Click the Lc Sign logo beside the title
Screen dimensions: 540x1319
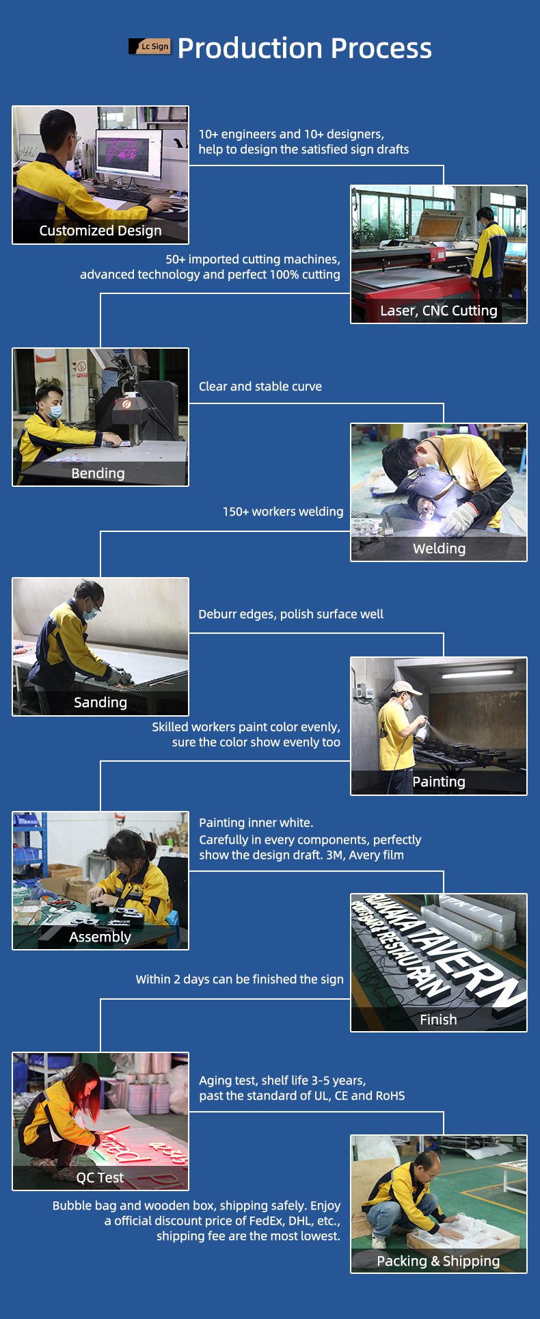point(149,46)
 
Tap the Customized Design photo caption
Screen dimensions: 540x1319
point(100,231)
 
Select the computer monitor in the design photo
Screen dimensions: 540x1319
point(129,156)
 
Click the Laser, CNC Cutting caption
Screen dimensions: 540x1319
point(439,311)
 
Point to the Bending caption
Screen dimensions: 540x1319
point(98,473)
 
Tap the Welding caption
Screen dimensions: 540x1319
point(440,548)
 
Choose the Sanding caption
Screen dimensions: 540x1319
point(100,703)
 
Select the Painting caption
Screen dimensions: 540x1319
point(439,782)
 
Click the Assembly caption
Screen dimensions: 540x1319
point(100,937)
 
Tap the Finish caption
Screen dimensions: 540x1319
point(439,1020)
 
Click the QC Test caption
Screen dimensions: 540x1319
point(100,1177)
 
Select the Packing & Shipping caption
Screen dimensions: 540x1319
point(439,1261)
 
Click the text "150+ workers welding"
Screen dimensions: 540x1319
point(283,511)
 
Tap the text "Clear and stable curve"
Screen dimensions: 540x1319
point(260,386)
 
